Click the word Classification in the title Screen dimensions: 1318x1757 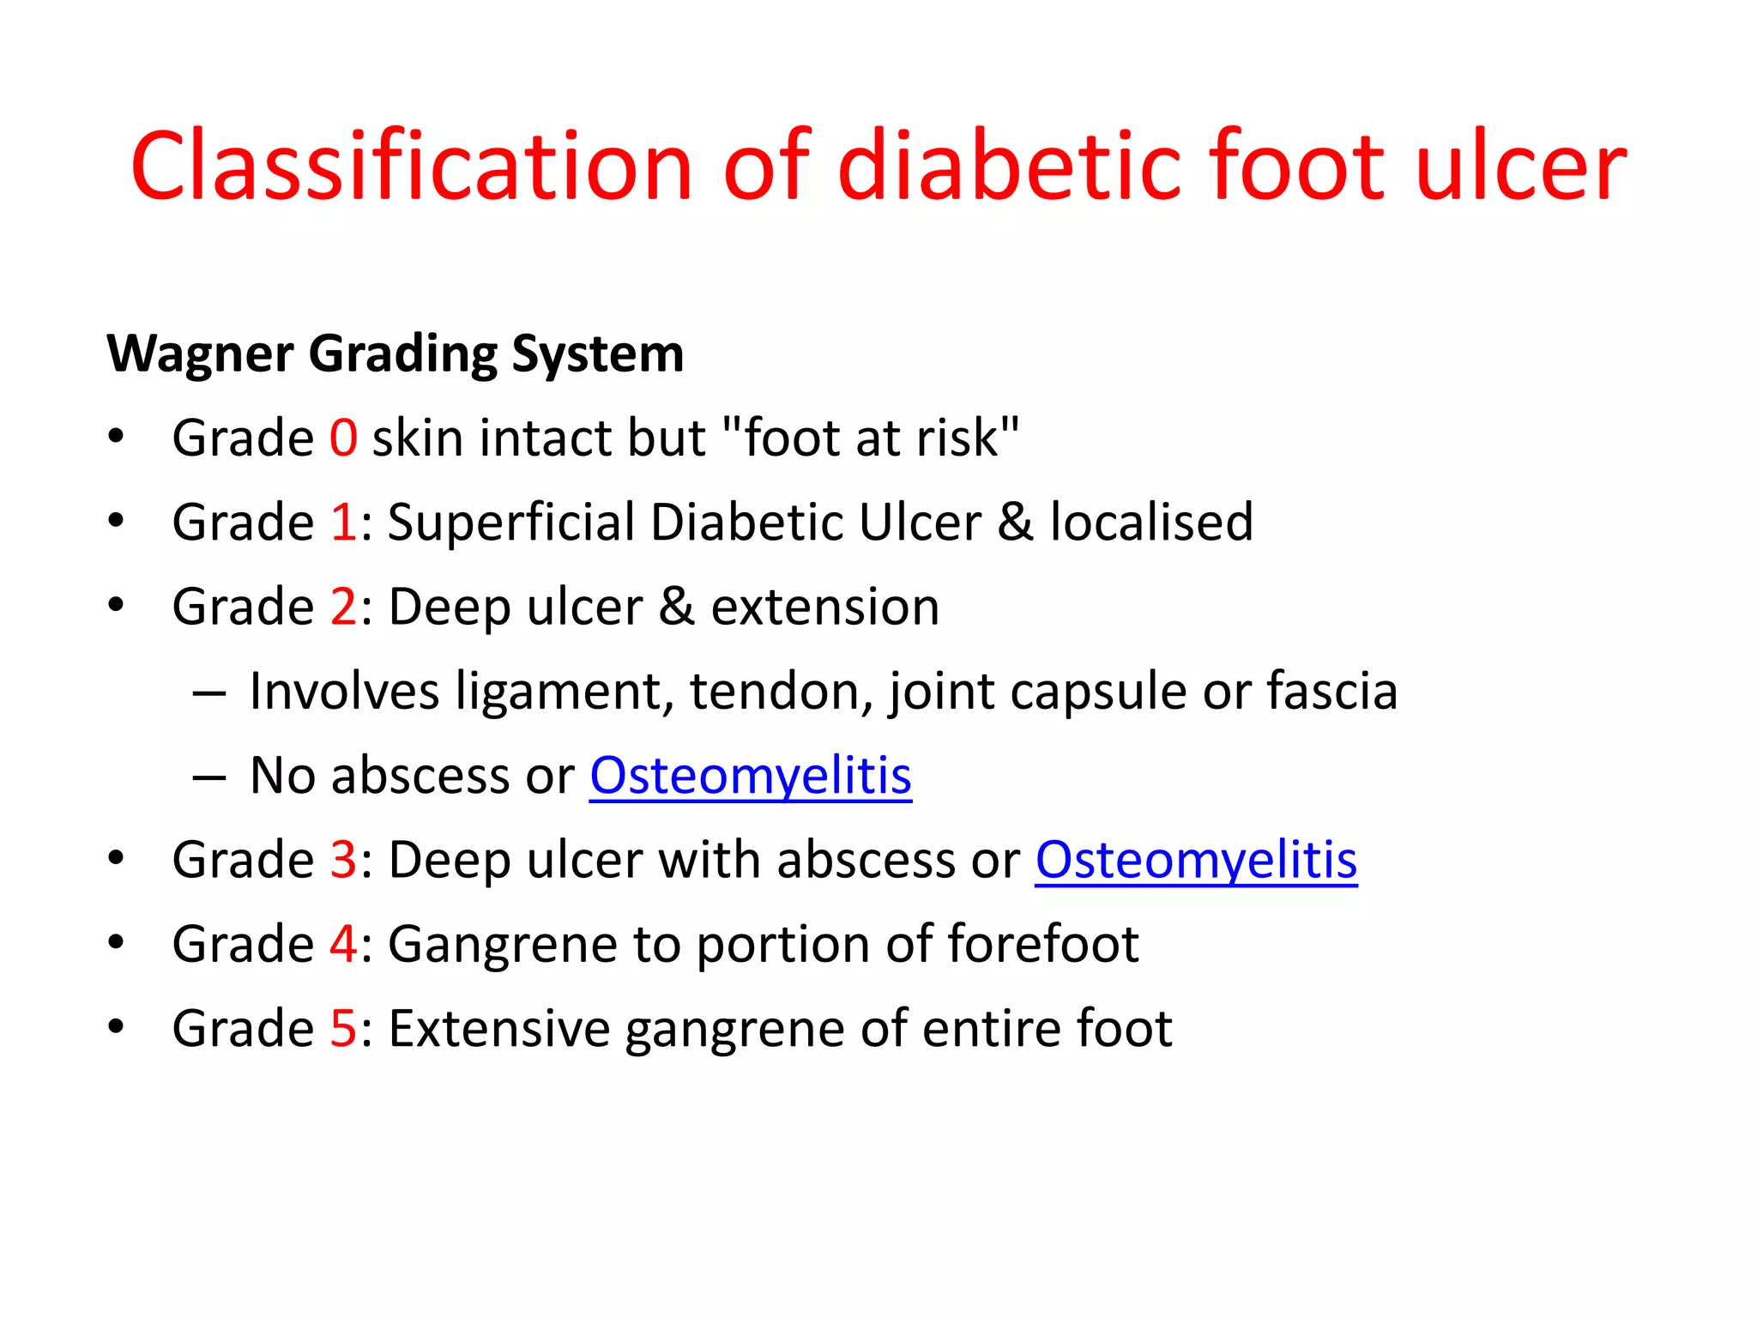click(411, 166)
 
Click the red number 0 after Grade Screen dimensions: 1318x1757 click(343, 438)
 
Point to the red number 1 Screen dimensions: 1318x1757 click(343, 523)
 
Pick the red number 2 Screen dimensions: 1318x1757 click(343, 608)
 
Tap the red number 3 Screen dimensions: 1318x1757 click(343, 860)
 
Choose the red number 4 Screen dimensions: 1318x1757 click(343, 944)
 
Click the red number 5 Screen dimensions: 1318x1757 click(343, 1028)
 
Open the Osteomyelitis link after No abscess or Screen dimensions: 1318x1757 click(750, 777)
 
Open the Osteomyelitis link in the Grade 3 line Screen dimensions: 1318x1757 click(1196, 861)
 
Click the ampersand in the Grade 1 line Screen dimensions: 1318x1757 click(1015, 523)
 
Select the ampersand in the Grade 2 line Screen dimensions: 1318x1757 click(676, 608)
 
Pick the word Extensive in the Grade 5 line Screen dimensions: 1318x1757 click(498, 1028)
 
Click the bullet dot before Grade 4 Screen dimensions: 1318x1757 click(117, 942)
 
